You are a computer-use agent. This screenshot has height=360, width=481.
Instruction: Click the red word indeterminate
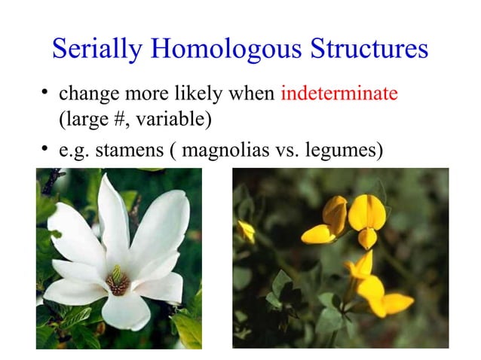click(x=339, y=96)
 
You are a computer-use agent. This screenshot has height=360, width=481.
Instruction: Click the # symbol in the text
click(x=124, y=119)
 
